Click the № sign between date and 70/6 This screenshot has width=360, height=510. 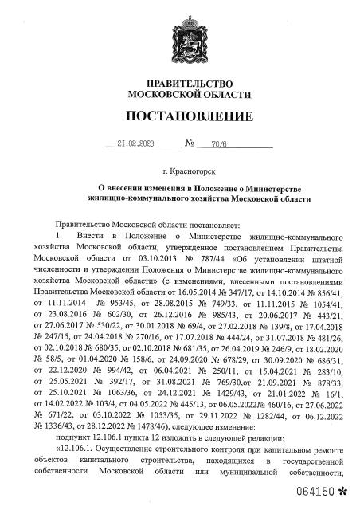190,145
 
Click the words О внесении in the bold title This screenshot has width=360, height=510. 115,186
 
